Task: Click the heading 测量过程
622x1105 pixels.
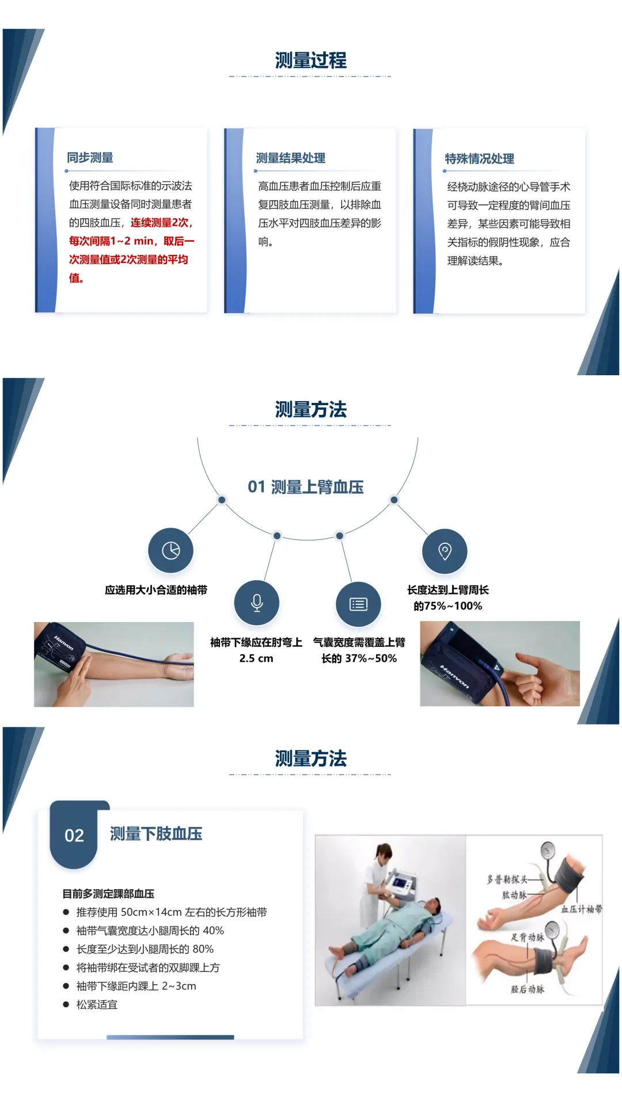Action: (x=310, y=60)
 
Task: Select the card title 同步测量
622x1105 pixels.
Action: (x=90, y=158)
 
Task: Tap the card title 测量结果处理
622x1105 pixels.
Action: (x=291, y=158)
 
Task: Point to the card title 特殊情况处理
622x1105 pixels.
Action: (x=480, y=159)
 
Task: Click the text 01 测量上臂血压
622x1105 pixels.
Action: (x=306, y=487)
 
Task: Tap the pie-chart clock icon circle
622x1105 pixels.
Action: (x=170, y=550)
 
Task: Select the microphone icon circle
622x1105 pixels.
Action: (x=257, y=603)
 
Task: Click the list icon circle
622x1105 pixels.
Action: (x=358, y=604)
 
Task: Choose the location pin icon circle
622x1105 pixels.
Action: (x=445, y=551)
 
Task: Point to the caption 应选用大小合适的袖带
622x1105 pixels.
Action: (x=156, y=590)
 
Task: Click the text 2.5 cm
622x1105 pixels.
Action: (x=256, y=658)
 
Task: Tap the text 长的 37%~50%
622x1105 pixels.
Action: (x=359, y=658)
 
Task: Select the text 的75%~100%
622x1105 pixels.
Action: (x=448, y=606)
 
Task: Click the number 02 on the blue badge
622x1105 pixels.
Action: (x=74, y=835)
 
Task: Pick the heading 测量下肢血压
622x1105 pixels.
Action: (x=156, y=834)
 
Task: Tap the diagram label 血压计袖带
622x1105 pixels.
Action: (x=582, y=909)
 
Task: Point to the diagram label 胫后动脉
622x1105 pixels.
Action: (x=527, y=989)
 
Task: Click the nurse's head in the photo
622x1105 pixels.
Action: (x=383, y=852)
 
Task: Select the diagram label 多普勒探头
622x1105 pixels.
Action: (x=507, y=879)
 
